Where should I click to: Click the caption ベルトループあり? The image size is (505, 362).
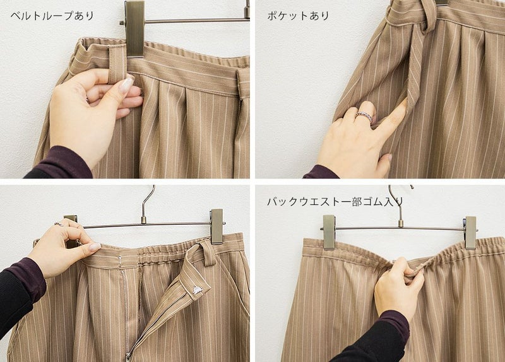(x=52, y=16)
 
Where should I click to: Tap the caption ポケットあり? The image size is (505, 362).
(x=298, y=16)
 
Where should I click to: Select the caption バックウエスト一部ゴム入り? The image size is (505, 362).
(x=335, y=202)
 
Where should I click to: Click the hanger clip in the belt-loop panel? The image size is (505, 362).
(x=134, y=29)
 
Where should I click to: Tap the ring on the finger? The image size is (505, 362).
(x=365, y=116)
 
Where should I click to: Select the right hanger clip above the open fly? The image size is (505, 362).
(x=217, y=226)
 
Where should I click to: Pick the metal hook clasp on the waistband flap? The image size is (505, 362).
(x=198, y=289)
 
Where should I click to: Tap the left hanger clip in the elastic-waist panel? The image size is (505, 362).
(x=329, y=232)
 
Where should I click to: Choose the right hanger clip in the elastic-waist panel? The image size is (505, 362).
(x=470, y=233)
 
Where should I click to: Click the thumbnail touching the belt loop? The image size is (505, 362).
(x=126, y=84)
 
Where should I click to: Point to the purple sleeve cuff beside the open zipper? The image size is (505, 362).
(x=30, y=277)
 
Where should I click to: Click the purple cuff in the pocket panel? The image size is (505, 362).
(x=321, y=172)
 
